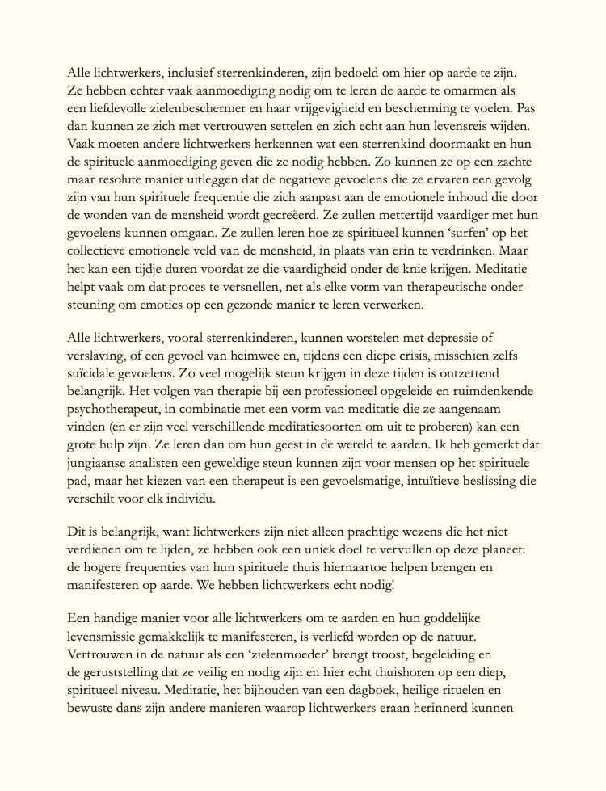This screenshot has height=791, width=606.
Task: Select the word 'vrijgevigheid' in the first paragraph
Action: pos(317,107)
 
